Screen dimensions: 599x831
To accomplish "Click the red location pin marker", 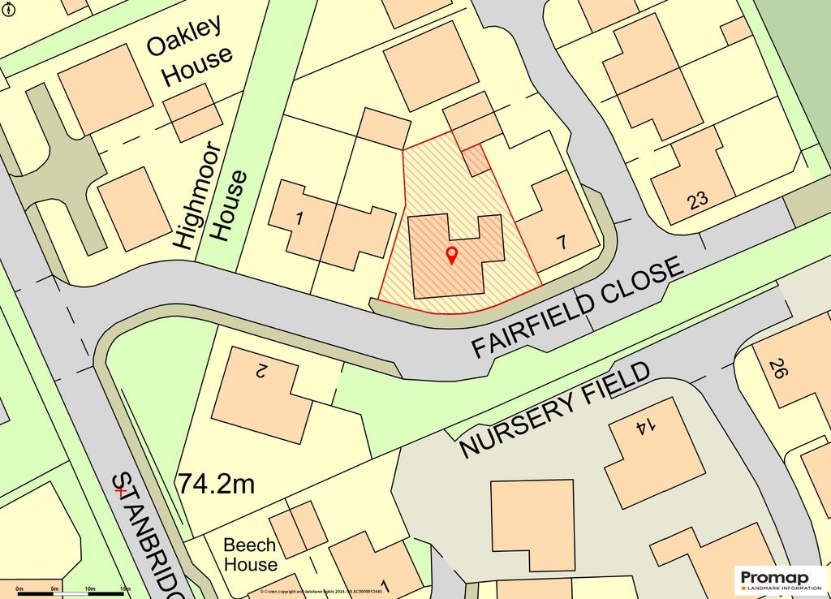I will (x=452, y=256).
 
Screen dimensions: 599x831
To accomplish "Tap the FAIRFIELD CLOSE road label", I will (x=577, y=308).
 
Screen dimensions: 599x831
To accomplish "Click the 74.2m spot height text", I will (x=217, y=485).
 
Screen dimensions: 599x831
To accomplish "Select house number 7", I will (x=562, y=242).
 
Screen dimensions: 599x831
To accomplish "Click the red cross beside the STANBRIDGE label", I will (x=120, y=490).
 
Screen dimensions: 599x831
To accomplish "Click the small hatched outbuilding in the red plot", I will (x=477, y=160).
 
